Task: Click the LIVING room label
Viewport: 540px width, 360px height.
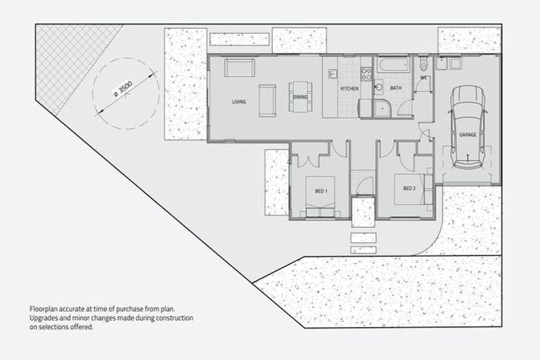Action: pyautogui.click(x=239, y=103)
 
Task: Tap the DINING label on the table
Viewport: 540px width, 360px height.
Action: pyautogui.click(x=300, y=97)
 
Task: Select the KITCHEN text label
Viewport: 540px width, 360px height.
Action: pyautogui.click(x=349, y=89)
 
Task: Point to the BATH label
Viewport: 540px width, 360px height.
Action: pyautogui.click(x=396, y=89)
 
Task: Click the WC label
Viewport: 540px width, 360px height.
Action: pyautogui.click(x=425, y=77)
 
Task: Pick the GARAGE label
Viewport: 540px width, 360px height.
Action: pyautogui.click(x=468, y=134)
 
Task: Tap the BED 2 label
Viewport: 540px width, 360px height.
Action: pyautogui.click(x=410, y=188)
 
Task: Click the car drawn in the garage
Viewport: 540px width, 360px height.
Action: pyautogui.click(x=468, y=127)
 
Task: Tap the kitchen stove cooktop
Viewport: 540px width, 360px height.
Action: pyautogui.click(x=366, y=72)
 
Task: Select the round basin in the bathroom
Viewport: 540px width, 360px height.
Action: pyautogui.click(x=378, y=88)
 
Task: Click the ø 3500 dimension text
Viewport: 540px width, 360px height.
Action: pyautogui.click(x=123, y=88)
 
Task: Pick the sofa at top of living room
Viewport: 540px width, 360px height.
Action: pyautogui.click(x=240, y=67)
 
